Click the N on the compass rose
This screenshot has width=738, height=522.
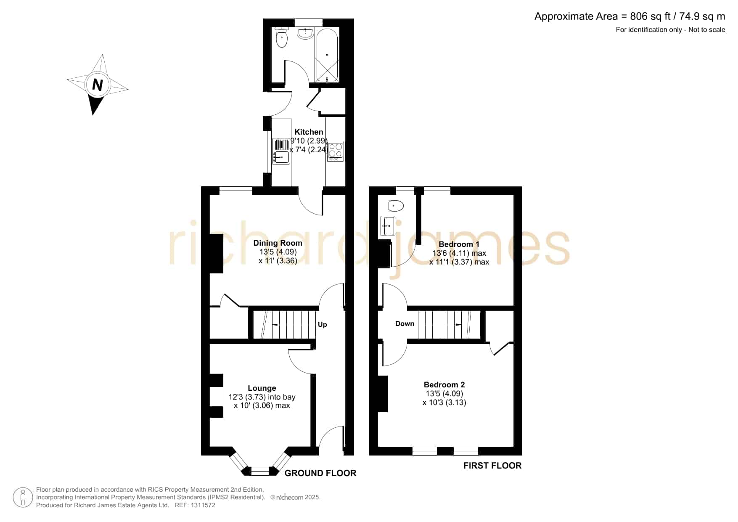(98, 85)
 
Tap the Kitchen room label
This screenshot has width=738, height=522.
(309, 132)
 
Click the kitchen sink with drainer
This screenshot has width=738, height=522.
(281, 151)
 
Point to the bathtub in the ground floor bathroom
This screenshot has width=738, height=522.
(327, 55)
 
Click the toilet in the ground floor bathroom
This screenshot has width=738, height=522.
(281, 37)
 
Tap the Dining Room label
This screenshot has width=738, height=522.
(278, 243)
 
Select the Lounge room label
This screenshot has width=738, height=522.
(262, 388)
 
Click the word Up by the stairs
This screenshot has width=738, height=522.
(323, 325)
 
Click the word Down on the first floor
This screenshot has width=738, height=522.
(405, 324)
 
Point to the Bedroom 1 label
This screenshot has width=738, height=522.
(459, 244)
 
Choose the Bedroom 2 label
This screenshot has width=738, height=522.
(444, 385)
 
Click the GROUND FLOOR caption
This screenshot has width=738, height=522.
(320, 473)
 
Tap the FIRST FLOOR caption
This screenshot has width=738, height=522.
(492, 466)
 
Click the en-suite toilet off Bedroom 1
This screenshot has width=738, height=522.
(395, 206)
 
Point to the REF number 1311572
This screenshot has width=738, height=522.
(203, 505)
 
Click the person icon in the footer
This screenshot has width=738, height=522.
(23, 498)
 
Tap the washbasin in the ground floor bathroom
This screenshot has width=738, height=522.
(305, 33)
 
